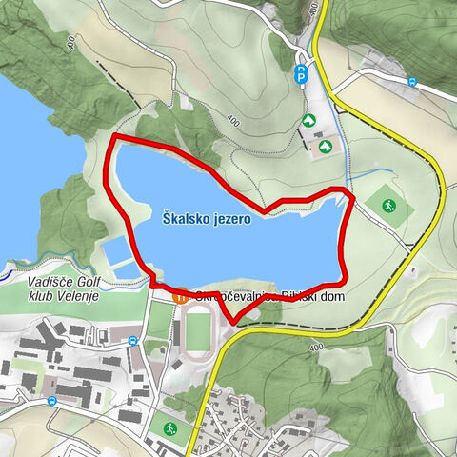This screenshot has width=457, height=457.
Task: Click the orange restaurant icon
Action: point(179,296)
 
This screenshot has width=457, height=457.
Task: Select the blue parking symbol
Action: point(302,74)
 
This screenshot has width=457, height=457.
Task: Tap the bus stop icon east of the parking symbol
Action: point(412,82)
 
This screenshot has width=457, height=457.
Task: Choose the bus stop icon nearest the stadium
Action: point(132,340)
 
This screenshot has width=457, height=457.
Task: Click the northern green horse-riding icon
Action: point(308,120)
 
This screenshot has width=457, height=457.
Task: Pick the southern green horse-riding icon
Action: point(326,146)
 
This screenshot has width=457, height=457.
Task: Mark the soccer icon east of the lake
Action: point(388,206)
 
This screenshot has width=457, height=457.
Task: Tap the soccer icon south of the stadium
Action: point(169,428)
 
